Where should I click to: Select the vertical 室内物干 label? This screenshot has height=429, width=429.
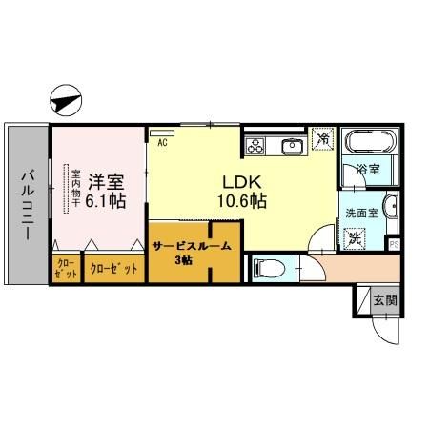tap(75, 189)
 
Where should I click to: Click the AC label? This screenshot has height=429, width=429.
tap(162, 142)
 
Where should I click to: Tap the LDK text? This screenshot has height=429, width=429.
tap(242, 181)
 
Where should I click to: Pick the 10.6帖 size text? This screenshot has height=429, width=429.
tap(243, 202)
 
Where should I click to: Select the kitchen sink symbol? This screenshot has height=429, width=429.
tap(292, 146)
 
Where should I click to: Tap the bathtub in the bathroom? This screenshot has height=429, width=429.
tap(365, 144)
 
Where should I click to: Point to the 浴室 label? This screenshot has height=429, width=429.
tap(368, 170)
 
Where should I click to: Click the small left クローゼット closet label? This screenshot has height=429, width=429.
tap(67, 268)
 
